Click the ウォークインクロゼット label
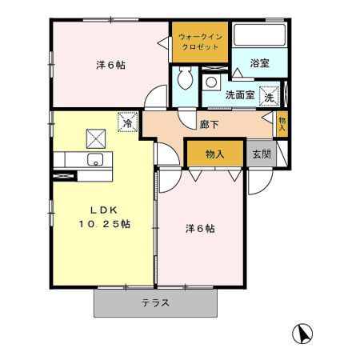200,42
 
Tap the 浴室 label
258,62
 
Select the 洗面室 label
239,94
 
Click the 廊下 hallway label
210,124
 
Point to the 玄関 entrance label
261,153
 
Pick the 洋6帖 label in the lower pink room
200,228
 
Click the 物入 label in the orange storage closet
214,153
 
